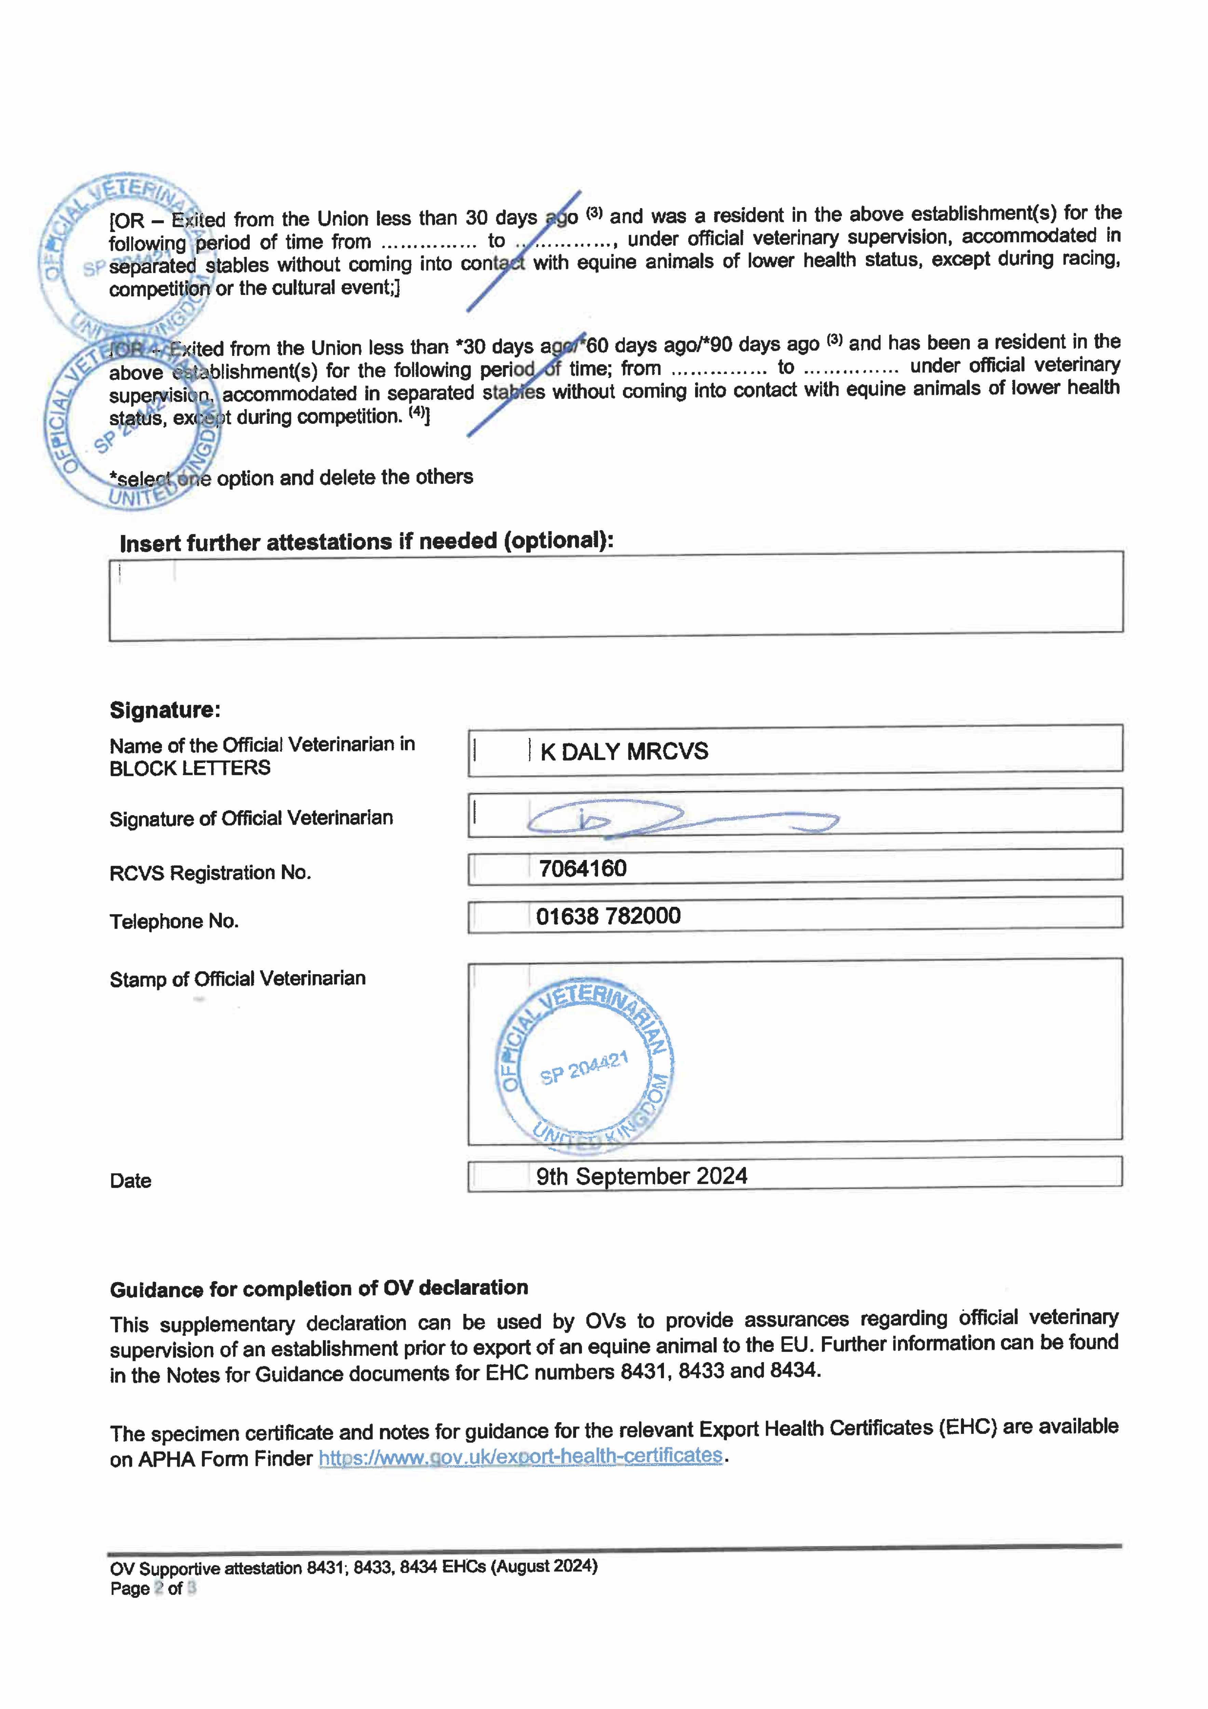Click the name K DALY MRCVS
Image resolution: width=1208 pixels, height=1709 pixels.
tap(624, 752)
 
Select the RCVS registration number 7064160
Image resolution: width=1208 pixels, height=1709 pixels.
tap(582, 869)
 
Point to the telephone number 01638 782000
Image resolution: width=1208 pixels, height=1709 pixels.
tap(608, 916)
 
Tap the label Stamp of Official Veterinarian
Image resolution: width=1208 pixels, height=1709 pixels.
tap(237, 979)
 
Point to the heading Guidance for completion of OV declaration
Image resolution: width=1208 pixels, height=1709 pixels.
tap(318, 1289)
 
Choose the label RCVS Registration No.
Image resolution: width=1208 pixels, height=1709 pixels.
tap(210, 872)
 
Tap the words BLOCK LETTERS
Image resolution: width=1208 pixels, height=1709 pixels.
tap(190, 768)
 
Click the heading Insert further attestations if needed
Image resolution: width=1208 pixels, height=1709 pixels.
tap(366, 542)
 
